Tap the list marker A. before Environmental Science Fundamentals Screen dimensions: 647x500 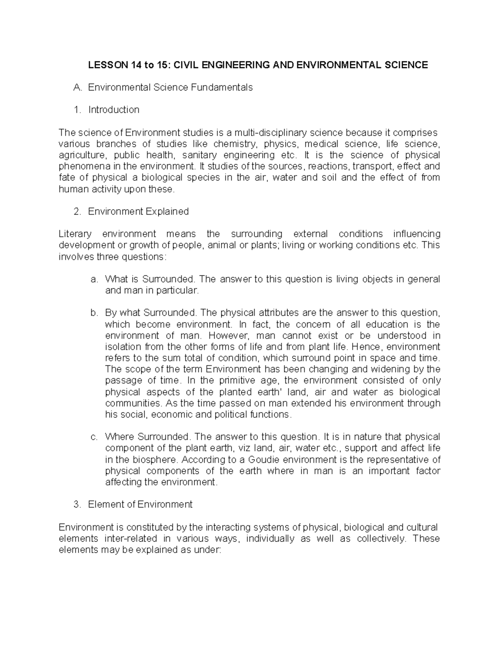click(x=76, y=87)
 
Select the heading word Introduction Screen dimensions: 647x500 click(x=113, y=110)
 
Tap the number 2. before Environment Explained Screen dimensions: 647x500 click(x=77, y=211)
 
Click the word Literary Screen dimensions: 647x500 click(x=75, y=234)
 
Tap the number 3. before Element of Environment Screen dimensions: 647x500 click(x=77, y=505)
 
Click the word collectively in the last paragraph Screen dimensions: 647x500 click(x=380, y=538)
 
